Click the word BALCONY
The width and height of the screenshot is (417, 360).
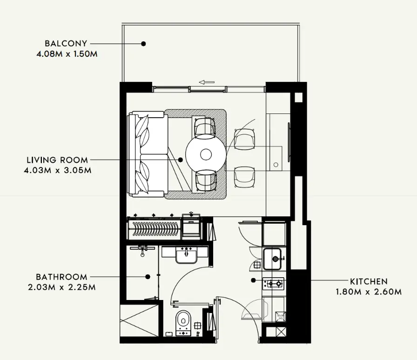(x=66, y=43)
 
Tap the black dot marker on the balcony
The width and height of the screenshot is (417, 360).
(x=143, y=44)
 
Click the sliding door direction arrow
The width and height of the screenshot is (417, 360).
(x=207, y=82)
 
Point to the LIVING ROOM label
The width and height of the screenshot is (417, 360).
(x=57, y=160)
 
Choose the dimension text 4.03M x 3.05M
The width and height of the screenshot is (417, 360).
(x=57, y=170)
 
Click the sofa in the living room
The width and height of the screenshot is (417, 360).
(x=148, y=154)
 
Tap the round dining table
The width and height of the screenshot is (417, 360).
(x=205, y=154)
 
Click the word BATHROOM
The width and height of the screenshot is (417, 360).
(x=61, y=277)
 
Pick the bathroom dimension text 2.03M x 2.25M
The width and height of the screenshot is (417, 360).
(x=61, y=287)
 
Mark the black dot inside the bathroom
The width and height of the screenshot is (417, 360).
(x=148, y=277)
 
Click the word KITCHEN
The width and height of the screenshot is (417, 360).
(x=369, y=281)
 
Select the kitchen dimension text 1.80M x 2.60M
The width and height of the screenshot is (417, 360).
(x=369, y=292)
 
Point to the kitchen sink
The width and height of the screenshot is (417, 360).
(x=274, y=259)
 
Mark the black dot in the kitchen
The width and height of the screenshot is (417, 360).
(x=253, y=280)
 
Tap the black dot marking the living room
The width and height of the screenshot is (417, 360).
(x=181, y=160)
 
